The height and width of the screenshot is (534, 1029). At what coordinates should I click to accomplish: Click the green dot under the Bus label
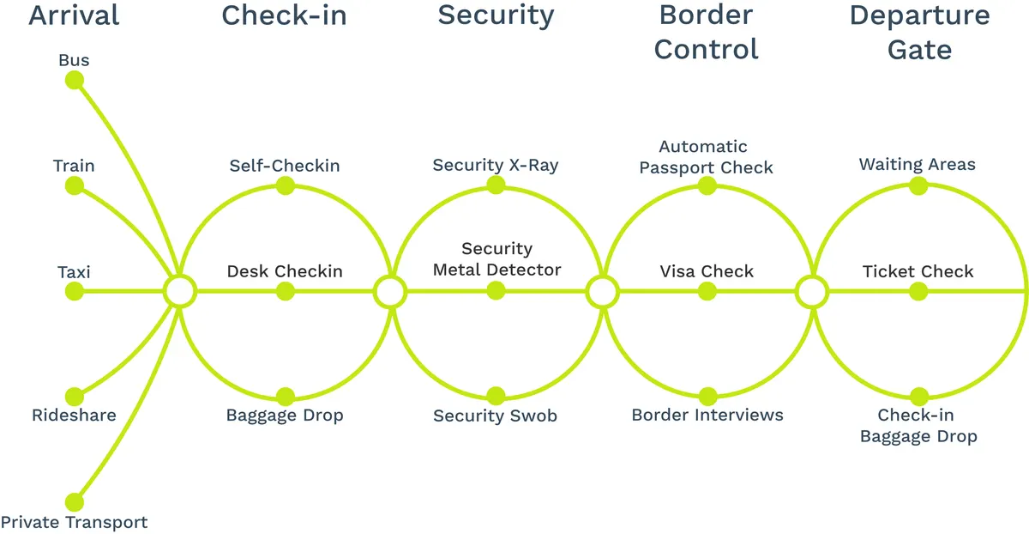point(75,81)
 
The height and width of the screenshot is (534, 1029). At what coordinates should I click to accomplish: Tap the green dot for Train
point(75,186)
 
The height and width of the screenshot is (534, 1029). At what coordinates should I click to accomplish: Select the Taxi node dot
point(75,291)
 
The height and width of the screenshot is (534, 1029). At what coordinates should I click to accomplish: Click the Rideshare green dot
point(75,397)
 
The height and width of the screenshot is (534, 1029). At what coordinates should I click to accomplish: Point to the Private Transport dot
point(75,502)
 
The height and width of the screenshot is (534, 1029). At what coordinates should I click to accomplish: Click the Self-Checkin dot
point(286,186)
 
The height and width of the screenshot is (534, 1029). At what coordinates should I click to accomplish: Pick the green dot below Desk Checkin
point(286,291)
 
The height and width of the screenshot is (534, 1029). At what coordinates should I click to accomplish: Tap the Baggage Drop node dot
point(286,397)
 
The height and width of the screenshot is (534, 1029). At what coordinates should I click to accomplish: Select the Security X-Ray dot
point(496,185)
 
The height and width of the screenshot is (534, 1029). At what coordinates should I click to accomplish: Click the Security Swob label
point(496,416)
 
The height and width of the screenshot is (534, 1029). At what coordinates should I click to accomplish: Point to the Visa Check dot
point(707,291)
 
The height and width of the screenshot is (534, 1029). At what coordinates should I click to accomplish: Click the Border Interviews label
point(707,415)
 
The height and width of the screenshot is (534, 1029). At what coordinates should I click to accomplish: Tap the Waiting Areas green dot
point(918,185)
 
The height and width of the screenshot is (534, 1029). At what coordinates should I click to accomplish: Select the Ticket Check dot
point(918,291)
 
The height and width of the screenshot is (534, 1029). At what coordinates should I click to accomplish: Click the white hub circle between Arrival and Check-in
point(180,291)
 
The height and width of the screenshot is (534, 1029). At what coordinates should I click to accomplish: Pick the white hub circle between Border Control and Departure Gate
point(812,292)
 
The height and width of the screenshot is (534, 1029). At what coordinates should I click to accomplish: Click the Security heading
point(496,16)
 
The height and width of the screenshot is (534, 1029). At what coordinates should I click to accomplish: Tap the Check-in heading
point(285,15)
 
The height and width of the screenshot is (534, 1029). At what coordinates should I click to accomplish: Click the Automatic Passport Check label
point(706,157)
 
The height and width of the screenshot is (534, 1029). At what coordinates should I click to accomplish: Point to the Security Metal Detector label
point(497,259)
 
